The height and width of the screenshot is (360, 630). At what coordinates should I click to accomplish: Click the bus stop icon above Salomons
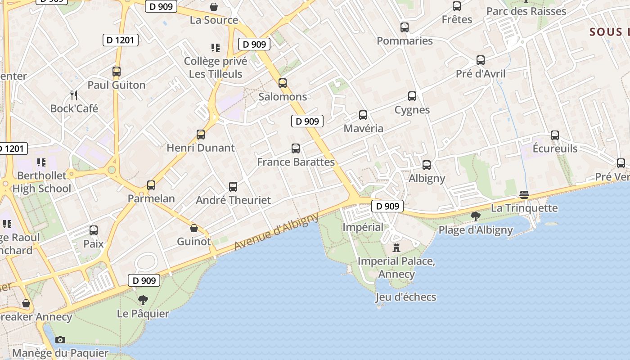click(x=283, y=83)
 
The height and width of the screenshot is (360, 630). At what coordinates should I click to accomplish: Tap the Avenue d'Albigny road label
click(x=276, y=232)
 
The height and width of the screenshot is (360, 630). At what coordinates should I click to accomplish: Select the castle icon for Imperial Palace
click(x=396, y=247)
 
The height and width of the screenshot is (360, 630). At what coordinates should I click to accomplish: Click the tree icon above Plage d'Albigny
click(x=475, y=216)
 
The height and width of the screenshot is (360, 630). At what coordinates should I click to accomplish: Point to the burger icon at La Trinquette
click(x=524, y=195)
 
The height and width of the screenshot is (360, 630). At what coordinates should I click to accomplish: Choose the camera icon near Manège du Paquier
click(x=60, y=340)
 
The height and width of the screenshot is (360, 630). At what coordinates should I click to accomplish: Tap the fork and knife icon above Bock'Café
click(x=74, y=95)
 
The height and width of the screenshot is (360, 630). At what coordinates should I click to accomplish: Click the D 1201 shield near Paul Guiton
click(x=120, y=40)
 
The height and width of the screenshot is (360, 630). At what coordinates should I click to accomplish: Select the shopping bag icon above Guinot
click(x=194, y=228)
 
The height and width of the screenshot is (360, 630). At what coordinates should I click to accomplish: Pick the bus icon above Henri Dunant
click(x=201, y=135)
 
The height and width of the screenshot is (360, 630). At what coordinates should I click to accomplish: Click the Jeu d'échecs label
click(x=406, y=297)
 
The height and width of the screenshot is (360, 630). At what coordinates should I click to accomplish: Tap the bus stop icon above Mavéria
click(x=363, y=115)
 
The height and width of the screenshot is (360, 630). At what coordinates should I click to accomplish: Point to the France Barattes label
click(x=296, y=162)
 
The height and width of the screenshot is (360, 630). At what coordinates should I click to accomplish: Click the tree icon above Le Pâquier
click(x=143, y=300)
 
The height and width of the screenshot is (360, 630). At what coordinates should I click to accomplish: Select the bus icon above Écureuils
click(x=555, y=135)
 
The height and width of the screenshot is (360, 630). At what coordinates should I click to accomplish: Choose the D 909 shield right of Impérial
click(x=387, y=207)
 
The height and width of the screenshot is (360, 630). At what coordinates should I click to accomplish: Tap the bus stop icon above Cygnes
click(x=412, y=96)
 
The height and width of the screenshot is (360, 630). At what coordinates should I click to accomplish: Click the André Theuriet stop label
click(x=233, y=200)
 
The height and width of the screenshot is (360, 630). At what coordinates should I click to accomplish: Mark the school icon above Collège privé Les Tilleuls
click(x=216, y=47)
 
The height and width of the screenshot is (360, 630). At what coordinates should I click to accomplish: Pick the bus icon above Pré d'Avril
click(x=481, y=60)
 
